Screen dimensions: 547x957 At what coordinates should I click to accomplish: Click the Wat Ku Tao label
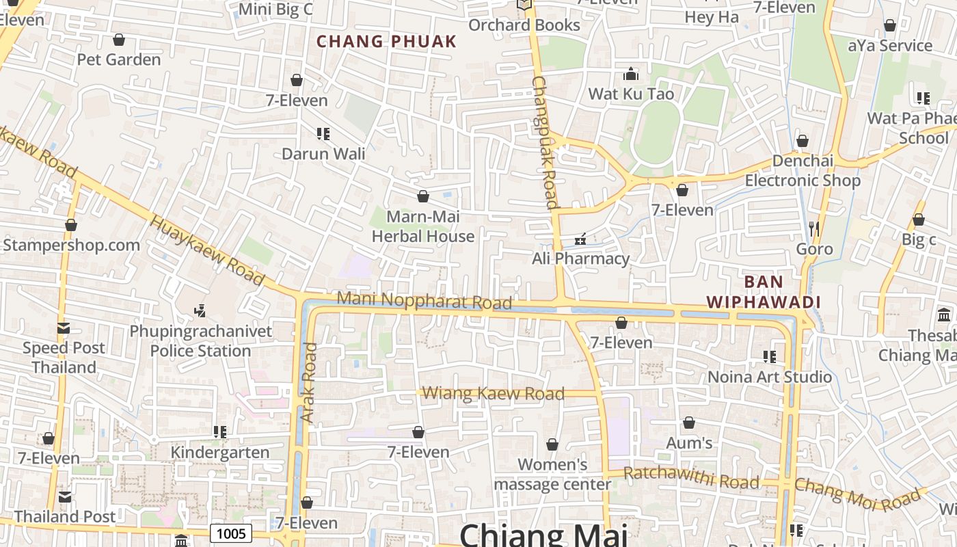click(631, 94)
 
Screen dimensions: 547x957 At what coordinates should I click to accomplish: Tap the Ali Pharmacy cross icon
click(580, 239)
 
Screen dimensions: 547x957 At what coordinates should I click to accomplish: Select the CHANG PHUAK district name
click(386, 42)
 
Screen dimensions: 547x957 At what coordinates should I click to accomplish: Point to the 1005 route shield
click(230, 533)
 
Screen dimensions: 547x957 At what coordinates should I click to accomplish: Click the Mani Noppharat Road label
click(424, 300)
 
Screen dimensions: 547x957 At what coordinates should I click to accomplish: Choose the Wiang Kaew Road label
click(494, 393)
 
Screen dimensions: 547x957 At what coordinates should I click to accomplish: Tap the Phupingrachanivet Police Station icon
click(200, 311)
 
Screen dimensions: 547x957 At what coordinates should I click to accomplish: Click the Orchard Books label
click(524, 25)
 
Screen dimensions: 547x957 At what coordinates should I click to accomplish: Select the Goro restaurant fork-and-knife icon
click(813, 228)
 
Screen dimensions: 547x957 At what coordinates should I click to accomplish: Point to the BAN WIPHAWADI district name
click(764, 292)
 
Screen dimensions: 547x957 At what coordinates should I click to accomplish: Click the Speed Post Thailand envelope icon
click(64, 328)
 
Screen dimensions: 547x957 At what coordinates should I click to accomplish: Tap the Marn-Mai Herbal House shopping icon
click(422, 197)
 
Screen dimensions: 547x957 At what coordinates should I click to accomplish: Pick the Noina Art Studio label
click(770, 377)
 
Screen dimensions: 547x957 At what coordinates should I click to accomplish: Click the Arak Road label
click(310, 383)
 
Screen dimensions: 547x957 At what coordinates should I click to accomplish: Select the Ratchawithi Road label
click(691, 477)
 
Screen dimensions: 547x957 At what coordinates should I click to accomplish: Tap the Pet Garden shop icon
click(119, 40)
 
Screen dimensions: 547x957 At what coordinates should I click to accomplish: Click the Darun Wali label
click(323, 154)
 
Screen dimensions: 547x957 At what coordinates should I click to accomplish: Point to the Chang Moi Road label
click(857, 496)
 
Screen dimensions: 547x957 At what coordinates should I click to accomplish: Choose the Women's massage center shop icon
click(552, 445)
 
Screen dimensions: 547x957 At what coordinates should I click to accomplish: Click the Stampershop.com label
click(71, 245)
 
